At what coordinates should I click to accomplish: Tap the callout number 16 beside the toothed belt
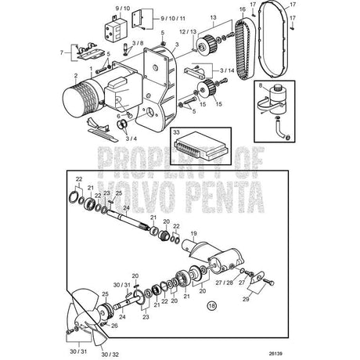(243, 9)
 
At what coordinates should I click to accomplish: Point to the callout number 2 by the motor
(75, 78)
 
